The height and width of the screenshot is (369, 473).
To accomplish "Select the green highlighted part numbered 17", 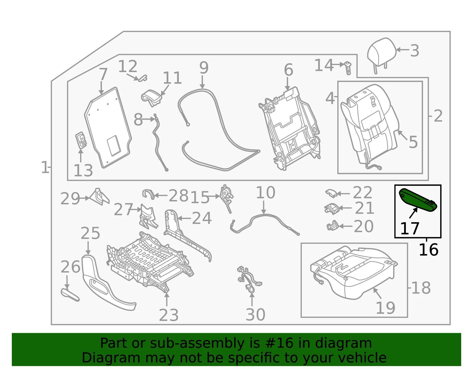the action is click(418, 200).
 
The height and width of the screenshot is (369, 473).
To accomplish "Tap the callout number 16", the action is click(428, 250).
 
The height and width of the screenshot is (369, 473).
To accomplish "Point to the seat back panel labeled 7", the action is click(108, 128).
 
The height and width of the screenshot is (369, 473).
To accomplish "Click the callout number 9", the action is click(204, 68).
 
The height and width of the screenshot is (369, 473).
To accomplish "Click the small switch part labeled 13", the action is click(81, 140).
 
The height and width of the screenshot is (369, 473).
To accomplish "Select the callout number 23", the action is click(169, 315).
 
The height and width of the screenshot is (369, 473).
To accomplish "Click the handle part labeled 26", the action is click(70, 295).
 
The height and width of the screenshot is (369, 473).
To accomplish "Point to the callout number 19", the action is click(385, 308).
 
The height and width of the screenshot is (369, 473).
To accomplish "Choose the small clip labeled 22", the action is click(331, 193).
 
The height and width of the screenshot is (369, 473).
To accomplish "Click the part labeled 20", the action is click(332, 226).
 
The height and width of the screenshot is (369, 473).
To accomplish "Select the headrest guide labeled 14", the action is click(348, 68).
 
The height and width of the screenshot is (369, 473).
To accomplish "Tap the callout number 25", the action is click(90, 233).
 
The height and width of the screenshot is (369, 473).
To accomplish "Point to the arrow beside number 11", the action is click(165, 90).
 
